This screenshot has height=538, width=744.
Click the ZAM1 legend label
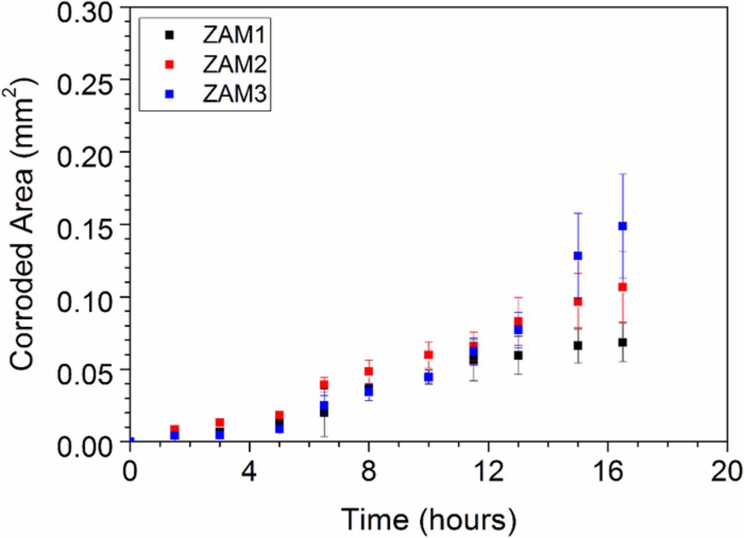click(x=234, y=35)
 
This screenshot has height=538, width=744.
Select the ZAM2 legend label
click(x=234, y=65)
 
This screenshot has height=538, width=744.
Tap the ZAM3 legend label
click(x=234, y=95)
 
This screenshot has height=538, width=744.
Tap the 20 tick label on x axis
click(x=727, y=469)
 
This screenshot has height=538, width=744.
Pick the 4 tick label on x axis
click(x=249, y=469)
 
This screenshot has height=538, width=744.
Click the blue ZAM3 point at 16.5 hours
click(x=623, y=226)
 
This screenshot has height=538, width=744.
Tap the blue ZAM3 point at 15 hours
click(x=578, y=255)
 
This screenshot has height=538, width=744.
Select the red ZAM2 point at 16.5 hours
click(x=623, y=287)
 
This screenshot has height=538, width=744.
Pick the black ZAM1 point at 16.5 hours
click(x=623, y=342)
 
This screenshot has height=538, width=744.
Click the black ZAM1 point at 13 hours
click(x=518, y=355)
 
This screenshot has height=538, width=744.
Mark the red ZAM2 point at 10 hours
click(x=428, y=355)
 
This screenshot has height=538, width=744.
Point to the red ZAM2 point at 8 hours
click(x=369, y=371)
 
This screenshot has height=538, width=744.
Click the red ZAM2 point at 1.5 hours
click(x=174, y=429)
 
